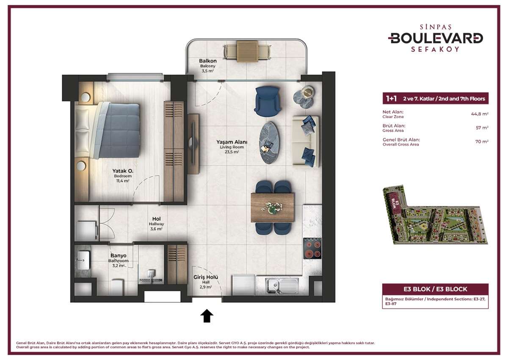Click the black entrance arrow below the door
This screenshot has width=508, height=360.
click(207, 316)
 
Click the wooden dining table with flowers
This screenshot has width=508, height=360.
click(273, 207)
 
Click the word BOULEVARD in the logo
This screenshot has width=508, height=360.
click(436, 38)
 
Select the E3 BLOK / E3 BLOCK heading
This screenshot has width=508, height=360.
click(435, 289)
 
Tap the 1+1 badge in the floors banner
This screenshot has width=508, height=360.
click(391, 99)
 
